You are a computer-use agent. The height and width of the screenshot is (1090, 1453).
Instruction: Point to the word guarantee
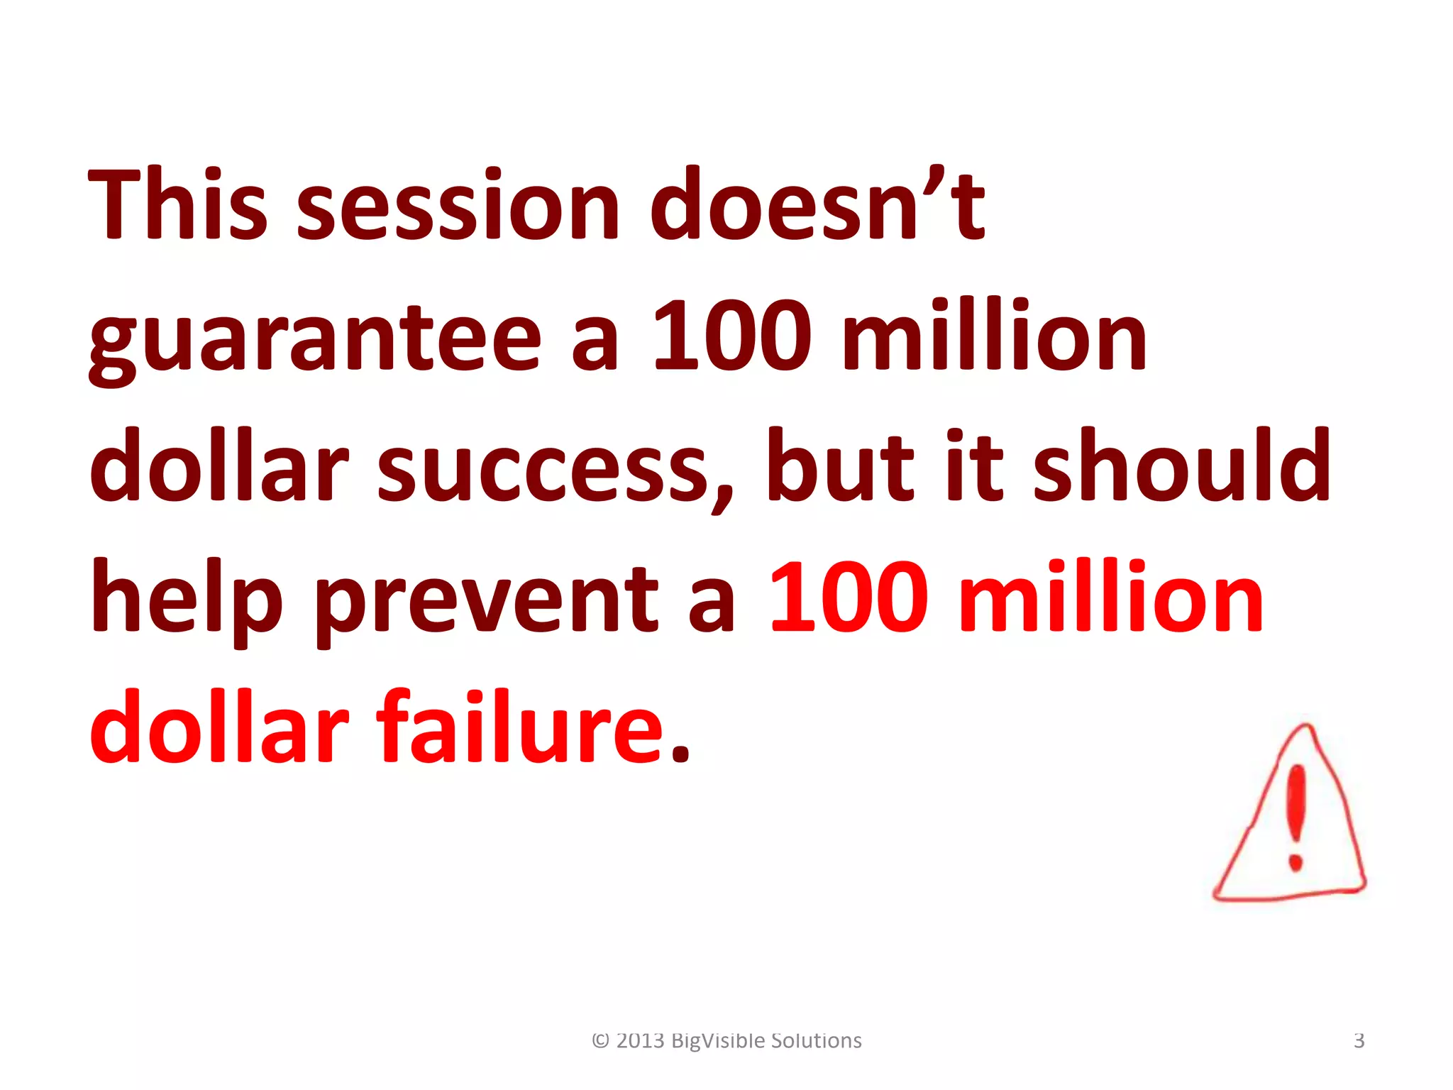pos(315,341)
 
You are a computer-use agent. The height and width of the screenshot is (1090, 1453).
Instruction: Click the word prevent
pos(487,603)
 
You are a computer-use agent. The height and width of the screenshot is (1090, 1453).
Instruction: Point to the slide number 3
pos(1359,1041)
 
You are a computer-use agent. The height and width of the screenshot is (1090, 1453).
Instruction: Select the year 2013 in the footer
pos(640,1041)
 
